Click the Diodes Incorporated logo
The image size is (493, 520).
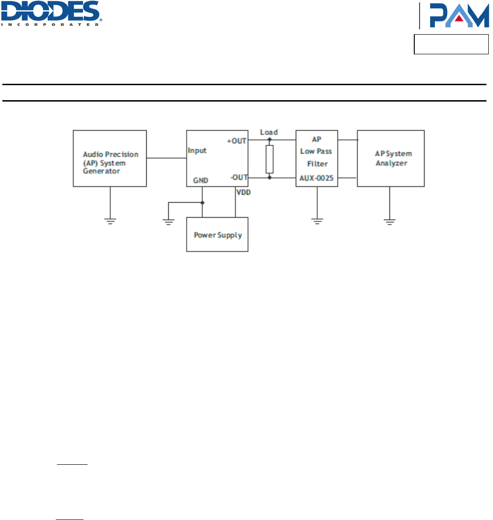52,13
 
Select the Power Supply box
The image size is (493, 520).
217,234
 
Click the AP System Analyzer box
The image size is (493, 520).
391,159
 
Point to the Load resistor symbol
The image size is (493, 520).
269,159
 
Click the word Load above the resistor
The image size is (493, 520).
269,132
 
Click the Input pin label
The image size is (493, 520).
197,151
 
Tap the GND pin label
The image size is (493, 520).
201,180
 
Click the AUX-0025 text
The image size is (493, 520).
317,178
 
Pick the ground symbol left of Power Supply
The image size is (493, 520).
169,221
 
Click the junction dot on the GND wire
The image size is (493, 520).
202,203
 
